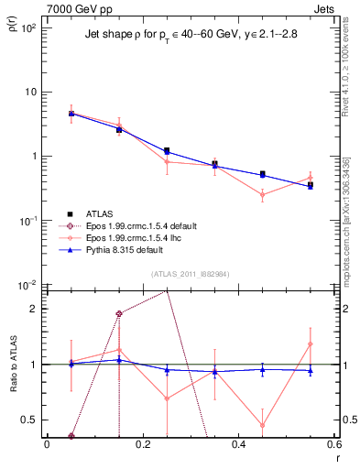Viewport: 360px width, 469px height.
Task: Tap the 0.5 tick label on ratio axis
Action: pos(30,420)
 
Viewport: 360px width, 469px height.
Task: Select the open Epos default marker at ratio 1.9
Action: pos(119,314)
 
